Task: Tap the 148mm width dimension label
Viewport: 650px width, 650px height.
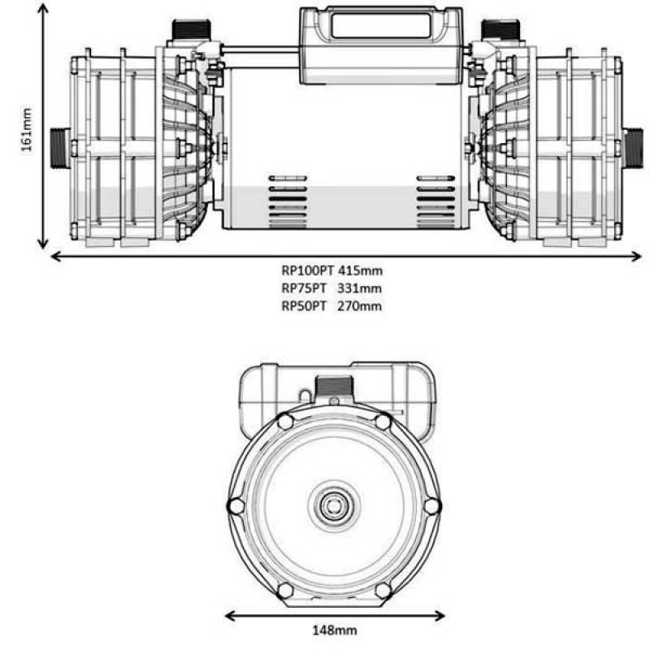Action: [x=335, y=629]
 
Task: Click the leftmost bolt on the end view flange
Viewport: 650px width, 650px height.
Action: [x=236, y=505]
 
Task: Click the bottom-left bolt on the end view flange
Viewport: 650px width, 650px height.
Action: [x=285, y=590]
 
